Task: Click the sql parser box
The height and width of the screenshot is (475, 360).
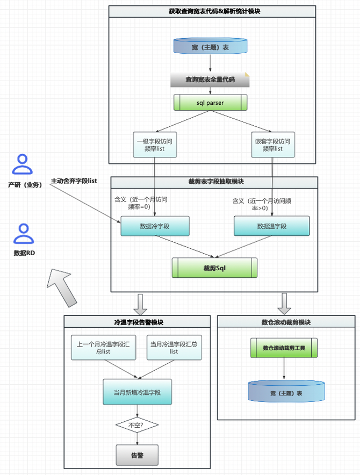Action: click(x=210, y=102)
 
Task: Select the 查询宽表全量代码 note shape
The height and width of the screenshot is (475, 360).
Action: click(x=210, y=80)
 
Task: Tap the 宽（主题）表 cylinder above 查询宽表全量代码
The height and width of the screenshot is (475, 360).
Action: click(x=210, y=47)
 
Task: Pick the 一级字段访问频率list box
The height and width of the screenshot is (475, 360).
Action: click(x=155, y=145)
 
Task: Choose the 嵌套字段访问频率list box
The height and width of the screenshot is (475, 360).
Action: click(x=272, y=145)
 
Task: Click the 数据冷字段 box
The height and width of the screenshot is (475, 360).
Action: click(x=155, y=226)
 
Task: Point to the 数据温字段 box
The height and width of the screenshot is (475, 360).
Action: click(x=272, y=226)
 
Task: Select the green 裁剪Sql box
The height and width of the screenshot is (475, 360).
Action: click(x=214, y=267)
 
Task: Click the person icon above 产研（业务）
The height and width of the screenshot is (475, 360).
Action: click(x=22, y=164)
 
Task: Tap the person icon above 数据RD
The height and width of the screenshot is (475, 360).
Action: click(x=22, y=234)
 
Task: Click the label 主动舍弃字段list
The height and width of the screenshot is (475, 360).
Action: click(x=74, y=181)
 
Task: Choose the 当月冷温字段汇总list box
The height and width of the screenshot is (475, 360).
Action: click(x=174, y=347)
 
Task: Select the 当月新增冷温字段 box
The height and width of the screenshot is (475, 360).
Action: click(x=137, y=392)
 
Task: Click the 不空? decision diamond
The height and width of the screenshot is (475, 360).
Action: click(x=137, y=426)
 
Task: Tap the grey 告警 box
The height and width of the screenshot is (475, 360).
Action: click(x=137, y=455)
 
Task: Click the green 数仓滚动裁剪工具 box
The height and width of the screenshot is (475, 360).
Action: click(x=284, y=348)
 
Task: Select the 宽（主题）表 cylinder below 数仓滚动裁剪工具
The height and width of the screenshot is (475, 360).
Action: click(x=286, y=392)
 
